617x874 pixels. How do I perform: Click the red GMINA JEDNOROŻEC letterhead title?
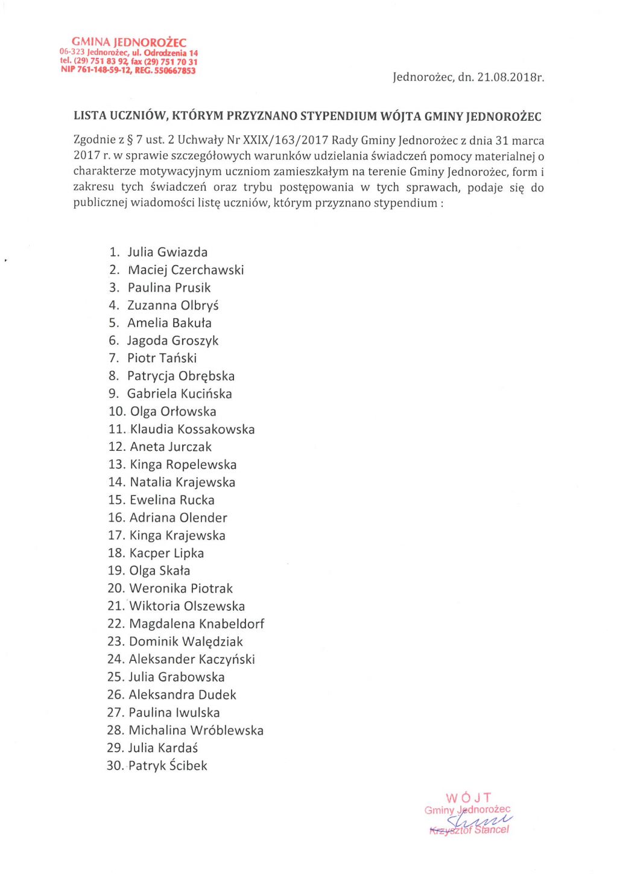129,42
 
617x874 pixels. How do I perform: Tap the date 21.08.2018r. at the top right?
510,77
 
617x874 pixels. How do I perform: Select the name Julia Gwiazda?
167,252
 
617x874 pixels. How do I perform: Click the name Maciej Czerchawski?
186,270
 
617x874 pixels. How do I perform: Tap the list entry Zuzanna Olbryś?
172,305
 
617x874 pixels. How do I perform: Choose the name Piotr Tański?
162,358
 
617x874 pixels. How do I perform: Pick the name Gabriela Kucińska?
179,394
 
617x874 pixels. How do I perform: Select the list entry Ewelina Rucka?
172,500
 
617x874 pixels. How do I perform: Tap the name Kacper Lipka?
166,553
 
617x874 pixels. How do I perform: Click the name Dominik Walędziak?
186,642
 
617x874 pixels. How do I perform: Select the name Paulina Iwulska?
174,713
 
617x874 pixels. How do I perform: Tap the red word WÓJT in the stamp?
469,798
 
